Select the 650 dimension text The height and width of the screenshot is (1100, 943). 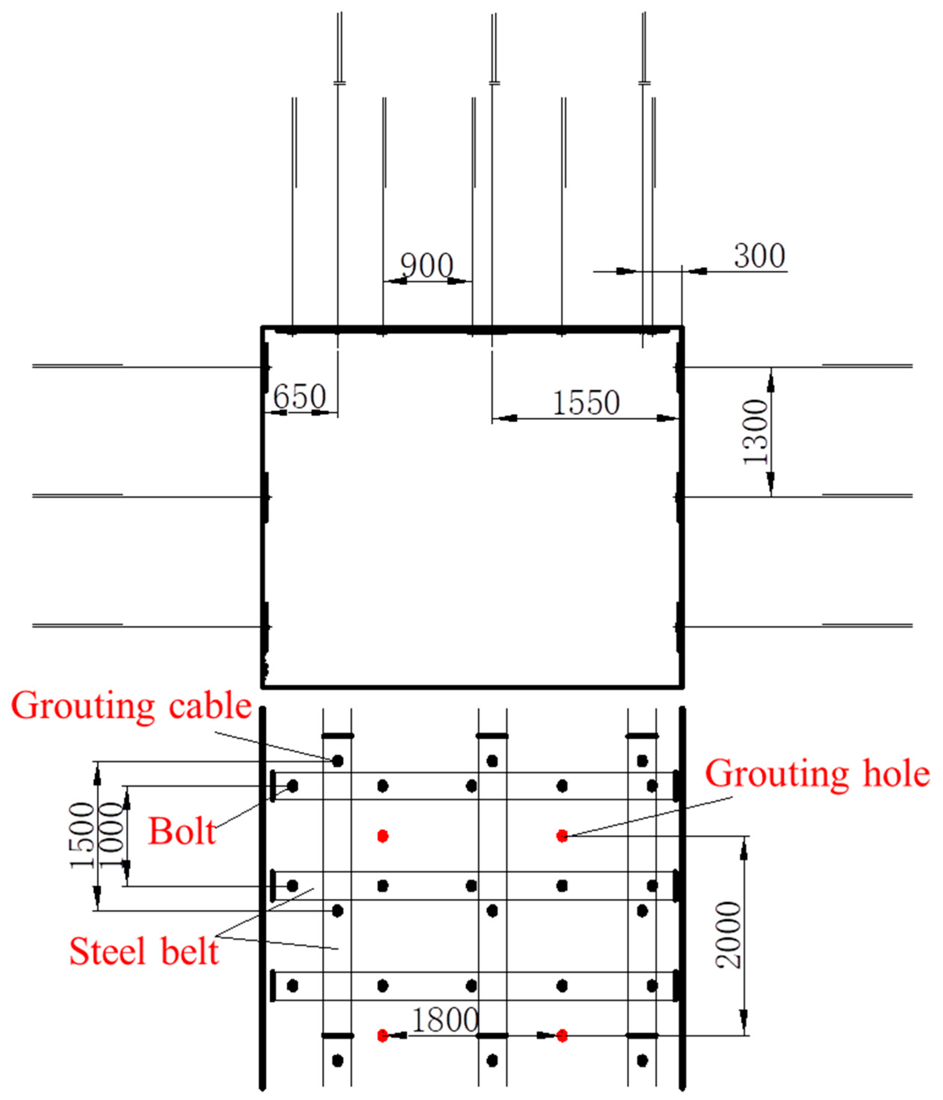pos(300,397)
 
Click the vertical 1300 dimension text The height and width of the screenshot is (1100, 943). pos(755,432)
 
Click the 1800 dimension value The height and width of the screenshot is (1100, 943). pos(445,1020)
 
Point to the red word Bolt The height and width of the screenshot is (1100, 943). pos(182,831)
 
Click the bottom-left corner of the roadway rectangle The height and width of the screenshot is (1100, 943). pos(263,686)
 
